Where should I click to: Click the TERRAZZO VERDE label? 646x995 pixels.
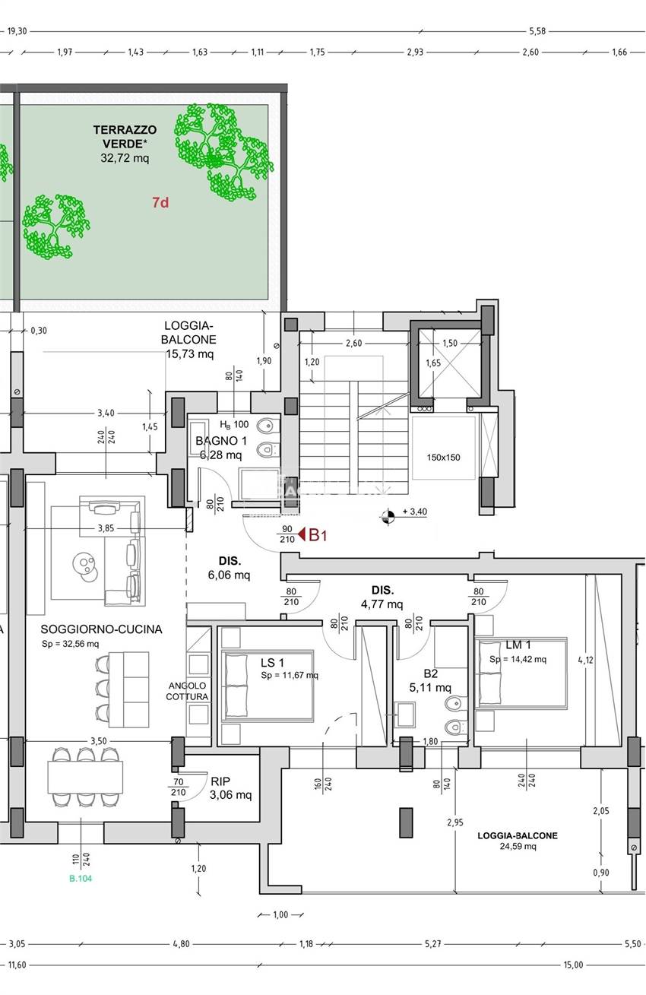[125, 137]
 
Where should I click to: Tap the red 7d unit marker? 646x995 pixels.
[160, 202]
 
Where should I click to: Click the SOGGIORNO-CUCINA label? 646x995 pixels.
[101, 629]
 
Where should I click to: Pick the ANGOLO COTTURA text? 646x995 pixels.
[187, 691]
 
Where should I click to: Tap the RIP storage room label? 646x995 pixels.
[221, 781]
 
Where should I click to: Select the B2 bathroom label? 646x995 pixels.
[431, 673]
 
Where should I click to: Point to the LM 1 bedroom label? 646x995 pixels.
[503, 645]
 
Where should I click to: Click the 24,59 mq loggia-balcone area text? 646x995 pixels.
[518, 846]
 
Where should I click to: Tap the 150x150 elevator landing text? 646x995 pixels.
[443, 458]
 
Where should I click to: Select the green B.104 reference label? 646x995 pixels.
[81, 879]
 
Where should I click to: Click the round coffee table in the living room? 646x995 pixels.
[84, 563]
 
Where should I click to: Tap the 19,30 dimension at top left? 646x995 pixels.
[17, 31]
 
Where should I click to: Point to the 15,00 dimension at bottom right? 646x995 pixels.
[573, 965]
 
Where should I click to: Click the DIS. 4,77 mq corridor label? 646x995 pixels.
[382, 597]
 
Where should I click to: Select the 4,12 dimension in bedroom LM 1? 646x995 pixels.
[585, 660]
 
